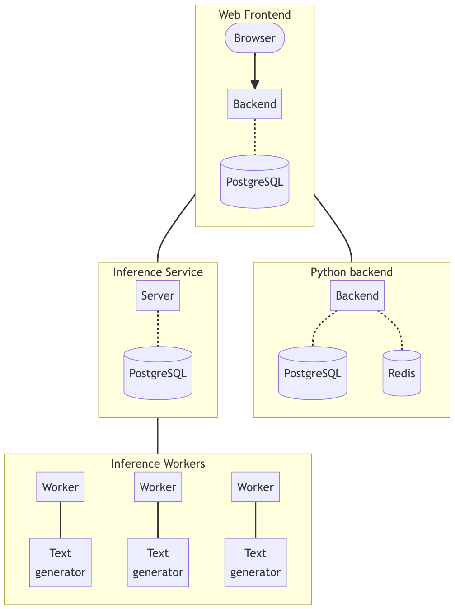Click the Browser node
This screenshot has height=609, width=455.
tap(255, 38)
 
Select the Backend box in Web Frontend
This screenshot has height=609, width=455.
tap(255, 104)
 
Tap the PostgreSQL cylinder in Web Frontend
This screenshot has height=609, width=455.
tap(255, 182)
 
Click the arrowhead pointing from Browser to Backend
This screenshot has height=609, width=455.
tap(255, 84)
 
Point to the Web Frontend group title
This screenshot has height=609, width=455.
tap(255, 14)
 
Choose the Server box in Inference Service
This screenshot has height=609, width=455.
tap(158, 295)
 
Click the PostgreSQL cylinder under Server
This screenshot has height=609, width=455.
tap(158, 374)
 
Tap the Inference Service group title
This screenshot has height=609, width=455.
tap(158, 272)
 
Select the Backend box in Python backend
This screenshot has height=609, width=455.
tap(357, 295)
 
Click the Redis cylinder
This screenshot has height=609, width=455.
tap(402, 374)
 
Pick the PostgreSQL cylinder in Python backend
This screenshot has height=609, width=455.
tap(313, 374)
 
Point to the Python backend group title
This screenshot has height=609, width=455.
tap(352, 272)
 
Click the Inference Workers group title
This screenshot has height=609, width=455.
tap(158, 464)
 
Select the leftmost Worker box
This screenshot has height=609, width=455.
tap(60, 487)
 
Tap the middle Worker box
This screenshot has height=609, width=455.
tap(158, 487)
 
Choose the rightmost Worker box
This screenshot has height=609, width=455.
tap(255, 487)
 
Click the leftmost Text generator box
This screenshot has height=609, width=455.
tap(60, 562)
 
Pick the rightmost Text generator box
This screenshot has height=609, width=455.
tap(255, 562)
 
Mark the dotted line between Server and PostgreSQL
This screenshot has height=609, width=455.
tap(158, 328)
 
